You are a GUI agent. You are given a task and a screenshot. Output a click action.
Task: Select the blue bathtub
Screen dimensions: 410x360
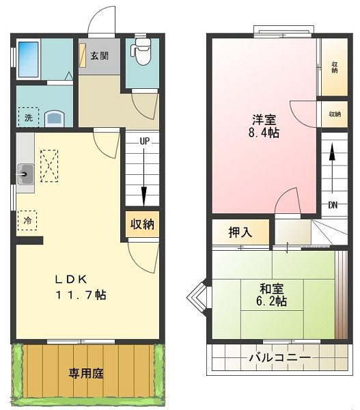click(28, 54)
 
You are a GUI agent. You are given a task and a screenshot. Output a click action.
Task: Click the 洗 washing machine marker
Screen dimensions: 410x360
click(29, 118)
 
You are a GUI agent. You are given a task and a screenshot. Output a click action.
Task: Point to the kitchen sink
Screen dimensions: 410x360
click(26, 174)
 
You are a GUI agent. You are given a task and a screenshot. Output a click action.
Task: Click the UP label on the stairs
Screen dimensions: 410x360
click(144, 141)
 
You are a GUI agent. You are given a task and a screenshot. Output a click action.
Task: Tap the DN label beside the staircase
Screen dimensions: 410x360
click(333, 205)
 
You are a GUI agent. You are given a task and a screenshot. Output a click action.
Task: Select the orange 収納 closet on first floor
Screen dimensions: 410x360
click(143, 223)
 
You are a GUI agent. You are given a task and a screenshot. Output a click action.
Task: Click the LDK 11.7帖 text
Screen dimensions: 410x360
click(80, 287)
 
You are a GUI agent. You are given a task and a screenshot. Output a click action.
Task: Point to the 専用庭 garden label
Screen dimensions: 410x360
click(86, 374)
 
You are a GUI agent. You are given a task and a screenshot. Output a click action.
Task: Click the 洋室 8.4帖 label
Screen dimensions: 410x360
click(262, 126)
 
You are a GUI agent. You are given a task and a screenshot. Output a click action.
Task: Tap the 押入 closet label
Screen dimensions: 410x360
click(240, 232)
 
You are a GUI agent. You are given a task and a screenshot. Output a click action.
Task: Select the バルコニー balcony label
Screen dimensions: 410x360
click(279, 357)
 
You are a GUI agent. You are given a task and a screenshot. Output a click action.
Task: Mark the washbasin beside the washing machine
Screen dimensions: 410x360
click(54, 118)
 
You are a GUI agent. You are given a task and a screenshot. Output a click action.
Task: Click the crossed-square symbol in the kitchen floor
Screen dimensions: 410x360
click(49, 166)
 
